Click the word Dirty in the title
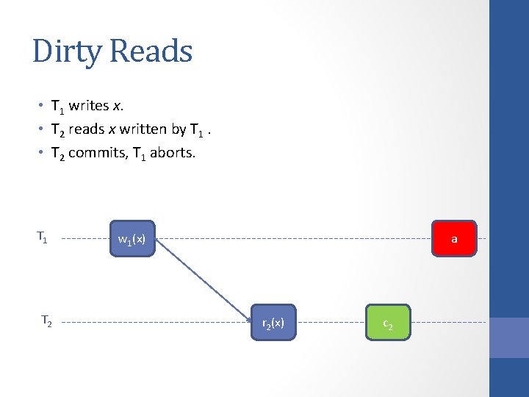click(x=67, y=51)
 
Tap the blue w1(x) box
click(x=132, y=239)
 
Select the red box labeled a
click(x=454, y=239)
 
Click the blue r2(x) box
click(x=273, y=322)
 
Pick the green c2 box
click(x=388, y=323)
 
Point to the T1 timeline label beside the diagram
click(x=43, y=237)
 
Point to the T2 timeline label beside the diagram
click(x=46, y=321)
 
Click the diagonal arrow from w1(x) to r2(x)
click(x=204, y=279)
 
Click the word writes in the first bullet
click(x=90, y=105)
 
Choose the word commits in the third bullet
click(x=97, y=154)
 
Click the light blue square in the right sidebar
click(x=509, y=337)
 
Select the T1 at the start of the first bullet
click(x=57, y=106)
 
